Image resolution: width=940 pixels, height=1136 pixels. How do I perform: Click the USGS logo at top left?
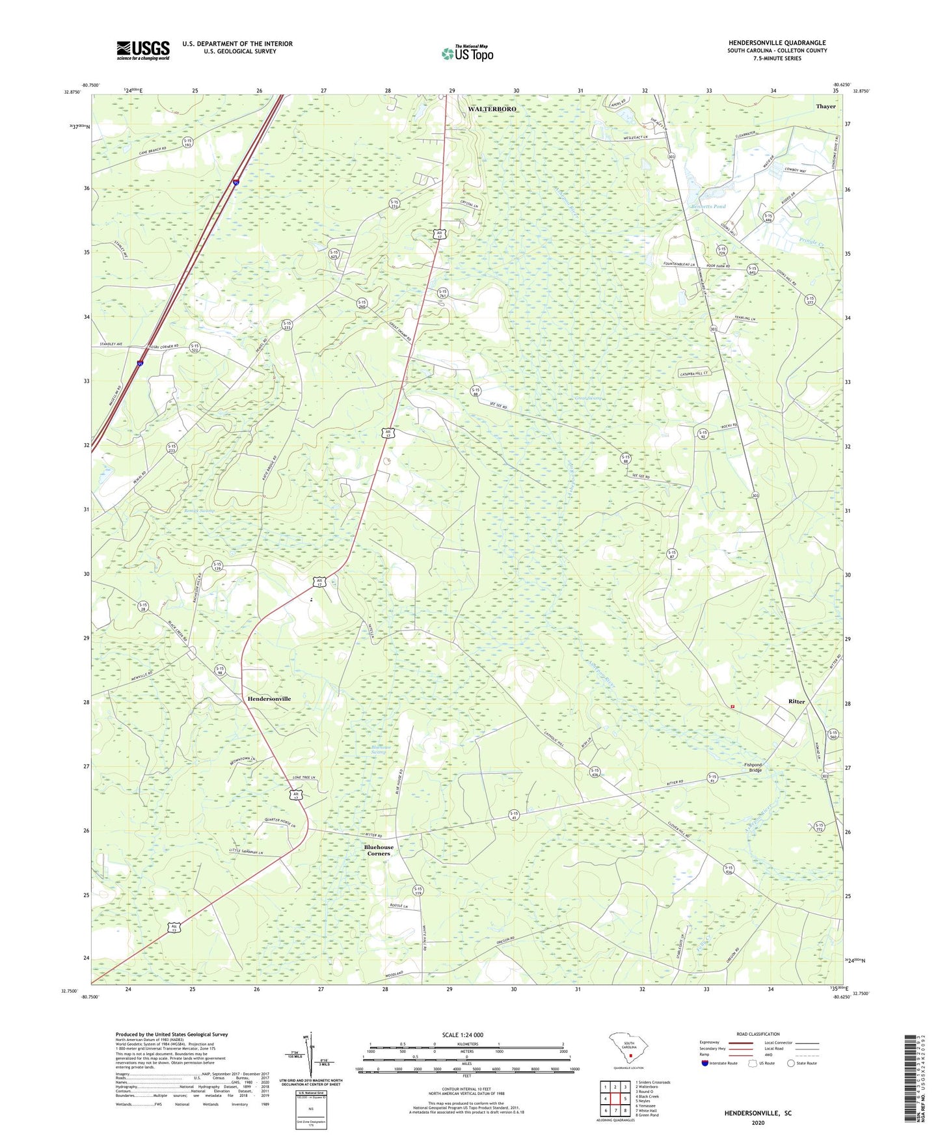coord(143,50)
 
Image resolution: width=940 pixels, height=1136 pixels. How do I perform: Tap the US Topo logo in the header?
coord(467,53)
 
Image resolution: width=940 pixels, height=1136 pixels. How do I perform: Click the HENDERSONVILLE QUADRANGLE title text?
coord(777,43)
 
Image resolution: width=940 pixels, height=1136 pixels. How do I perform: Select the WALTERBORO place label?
coord(492,109)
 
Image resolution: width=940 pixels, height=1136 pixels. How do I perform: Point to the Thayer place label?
coord(826,106)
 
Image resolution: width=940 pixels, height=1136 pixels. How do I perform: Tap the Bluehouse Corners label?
coord(379,850)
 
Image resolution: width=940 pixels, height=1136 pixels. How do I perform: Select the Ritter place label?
coord(796,701)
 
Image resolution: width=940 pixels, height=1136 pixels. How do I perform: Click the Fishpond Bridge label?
coord(753,767)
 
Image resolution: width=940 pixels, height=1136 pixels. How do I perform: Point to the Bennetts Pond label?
coord(707,206)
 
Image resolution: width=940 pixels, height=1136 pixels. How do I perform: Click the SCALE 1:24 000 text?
coord(463,1035)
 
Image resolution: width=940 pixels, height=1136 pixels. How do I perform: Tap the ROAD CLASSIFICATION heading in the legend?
coord(757,1034)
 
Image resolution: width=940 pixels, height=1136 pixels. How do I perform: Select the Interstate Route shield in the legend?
coord(705,1063)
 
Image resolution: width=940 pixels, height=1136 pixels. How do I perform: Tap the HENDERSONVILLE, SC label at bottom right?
coord(758,1113)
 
